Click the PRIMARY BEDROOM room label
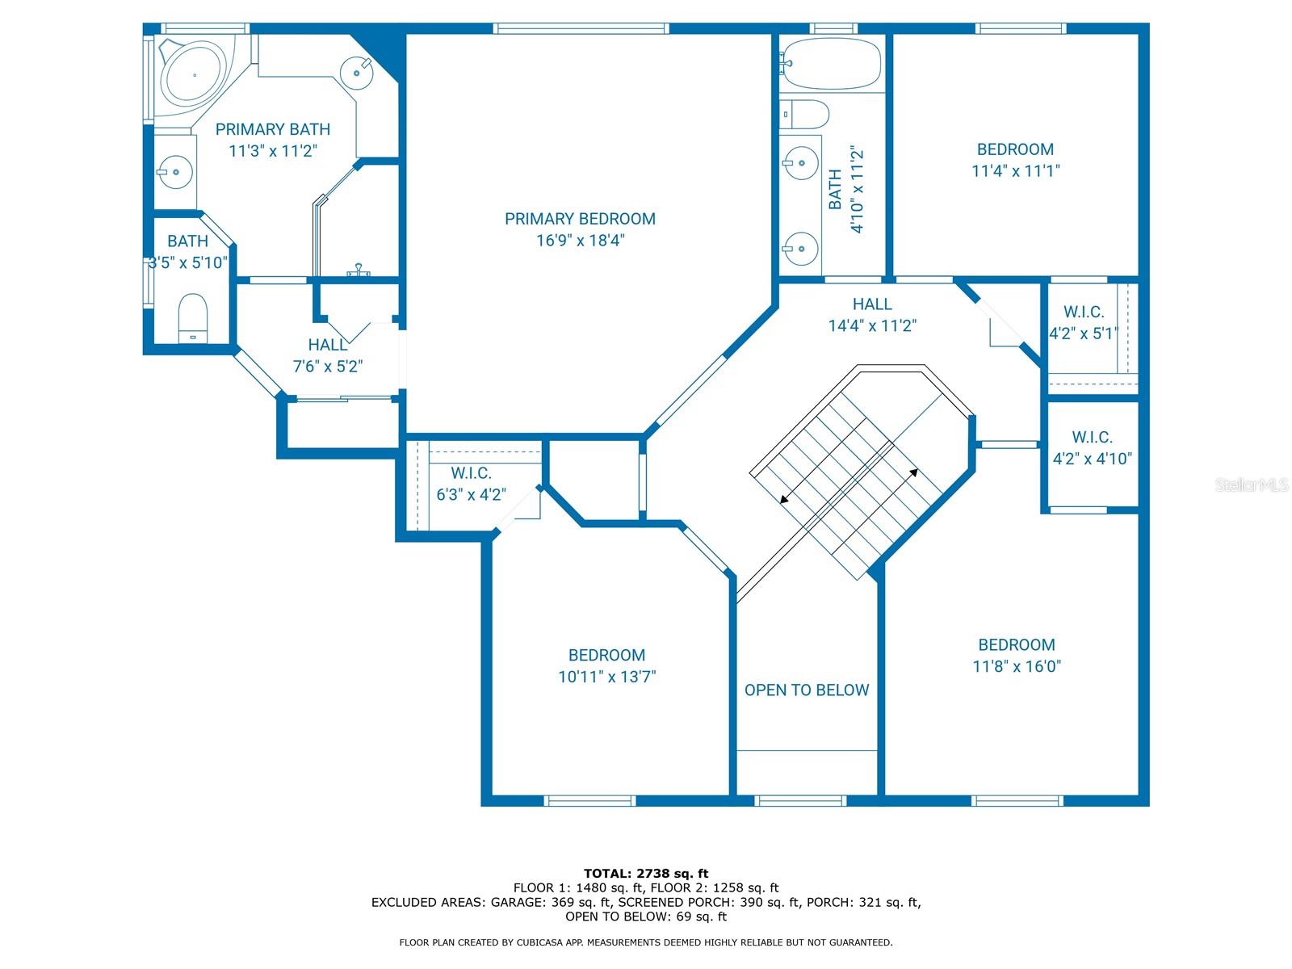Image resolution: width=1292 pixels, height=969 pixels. (579, 218)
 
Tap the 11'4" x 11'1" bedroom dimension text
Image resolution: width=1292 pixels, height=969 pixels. (1015, 170)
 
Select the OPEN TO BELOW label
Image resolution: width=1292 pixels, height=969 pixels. (806, 690)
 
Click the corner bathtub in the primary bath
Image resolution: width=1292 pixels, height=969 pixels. (195, 73)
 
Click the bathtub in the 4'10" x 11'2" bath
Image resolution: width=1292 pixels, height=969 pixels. (831, 64)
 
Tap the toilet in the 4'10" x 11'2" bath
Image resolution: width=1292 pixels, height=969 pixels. (804, 114)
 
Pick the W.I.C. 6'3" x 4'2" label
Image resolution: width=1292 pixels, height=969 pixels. (470, 483)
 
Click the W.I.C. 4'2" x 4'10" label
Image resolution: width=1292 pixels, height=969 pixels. (1092, 447)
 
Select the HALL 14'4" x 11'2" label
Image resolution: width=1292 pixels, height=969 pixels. (872, 314)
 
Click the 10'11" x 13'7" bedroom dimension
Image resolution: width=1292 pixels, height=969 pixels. (606, 677)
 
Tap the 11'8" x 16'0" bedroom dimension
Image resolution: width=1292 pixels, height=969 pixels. (1016, 666)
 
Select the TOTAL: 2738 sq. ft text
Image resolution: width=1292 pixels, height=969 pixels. (646, 873)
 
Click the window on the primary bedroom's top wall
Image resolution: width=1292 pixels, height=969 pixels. (581, 28)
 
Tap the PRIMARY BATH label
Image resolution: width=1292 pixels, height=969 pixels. (272, 129)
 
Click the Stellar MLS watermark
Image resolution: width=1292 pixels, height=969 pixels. (1252, 484)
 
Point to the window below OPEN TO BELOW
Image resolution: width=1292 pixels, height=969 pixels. (800, 801)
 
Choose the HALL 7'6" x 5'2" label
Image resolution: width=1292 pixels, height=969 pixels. (327, 355)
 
